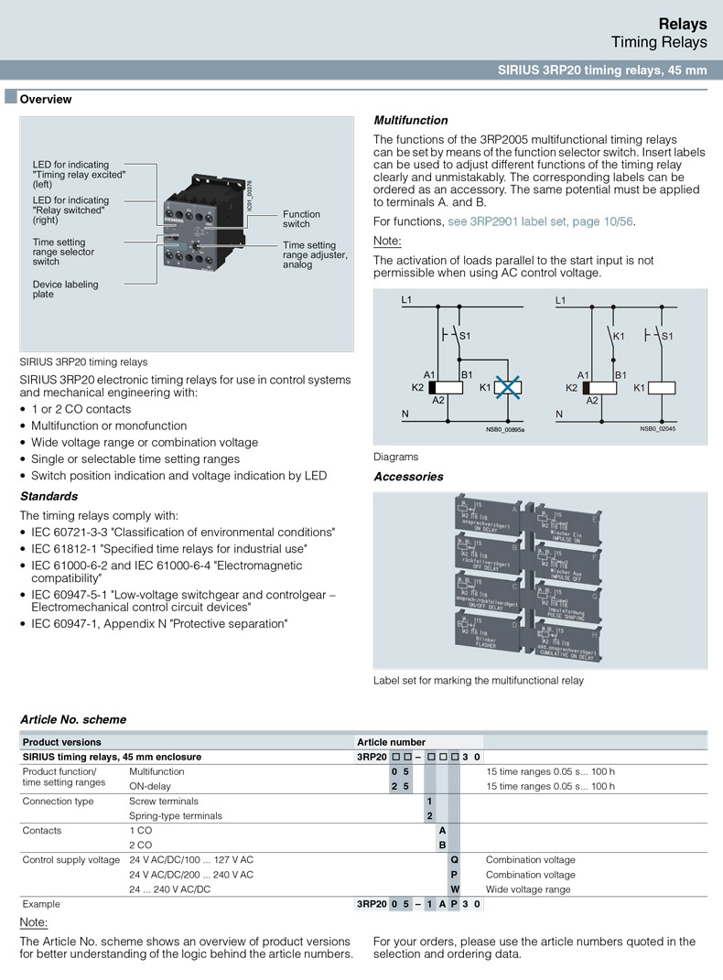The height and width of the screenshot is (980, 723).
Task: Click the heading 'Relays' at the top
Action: pos(682,24)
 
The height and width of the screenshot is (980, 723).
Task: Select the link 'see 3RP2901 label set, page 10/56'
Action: pos(540,221)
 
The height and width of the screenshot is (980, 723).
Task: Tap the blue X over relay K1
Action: pos(506,387)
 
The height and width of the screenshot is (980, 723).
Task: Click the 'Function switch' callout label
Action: pos(301,219)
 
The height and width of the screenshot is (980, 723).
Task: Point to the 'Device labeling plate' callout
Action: pos(65,289)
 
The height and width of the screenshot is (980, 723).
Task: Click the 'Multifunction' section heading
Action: pos(411,120)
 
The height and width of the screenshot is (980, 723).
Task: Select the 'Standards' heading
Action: pos(49,496)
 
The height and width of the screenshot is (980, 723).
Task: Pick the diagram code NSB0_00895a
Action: pos(505,429)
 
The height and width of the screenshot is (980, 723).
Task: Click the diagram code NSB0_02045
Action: pos(659,429)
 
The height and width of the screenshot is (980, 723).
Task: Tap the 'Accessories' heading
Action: pos(408,476)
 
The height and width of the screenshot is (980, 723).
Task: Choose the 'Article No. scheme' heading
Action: pos(73,719)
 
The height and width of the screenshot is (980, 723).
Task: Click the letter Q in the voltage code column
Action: pos(454,859)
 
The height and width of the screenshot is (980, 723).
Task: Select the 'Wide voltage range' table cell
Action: pos(528,888)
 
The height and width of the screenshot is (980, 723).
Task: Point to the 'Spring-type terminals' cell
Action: pos(176,815)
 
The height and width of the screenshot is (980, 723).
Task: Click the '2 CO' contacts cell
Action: pos(141,845)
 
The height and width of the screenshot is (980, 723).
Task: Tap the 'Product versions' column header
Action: pos(62,741)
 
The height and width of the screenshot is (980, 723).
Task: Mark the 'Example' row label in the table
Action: pos(41,903)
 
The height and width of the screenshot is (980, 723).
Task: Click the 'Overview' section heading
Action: pos(46,99)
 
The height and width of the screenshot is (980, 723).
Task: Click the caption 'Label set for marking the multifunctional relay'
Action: pos(478,680)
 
